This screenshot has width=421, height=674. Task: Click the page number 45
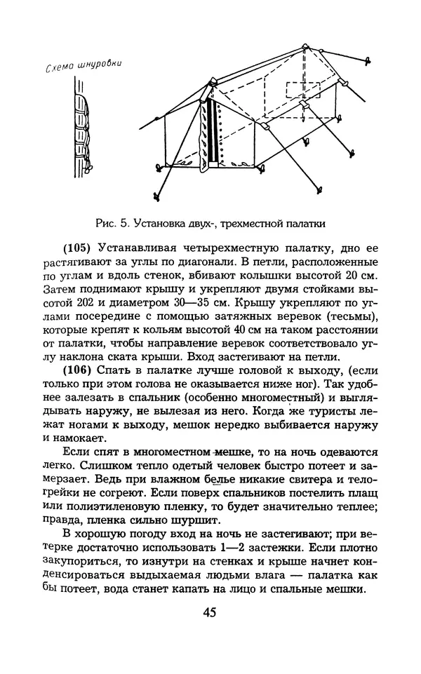point(210,612)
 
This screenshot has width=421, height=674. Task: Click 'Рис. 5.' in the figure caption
point(109,224)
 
